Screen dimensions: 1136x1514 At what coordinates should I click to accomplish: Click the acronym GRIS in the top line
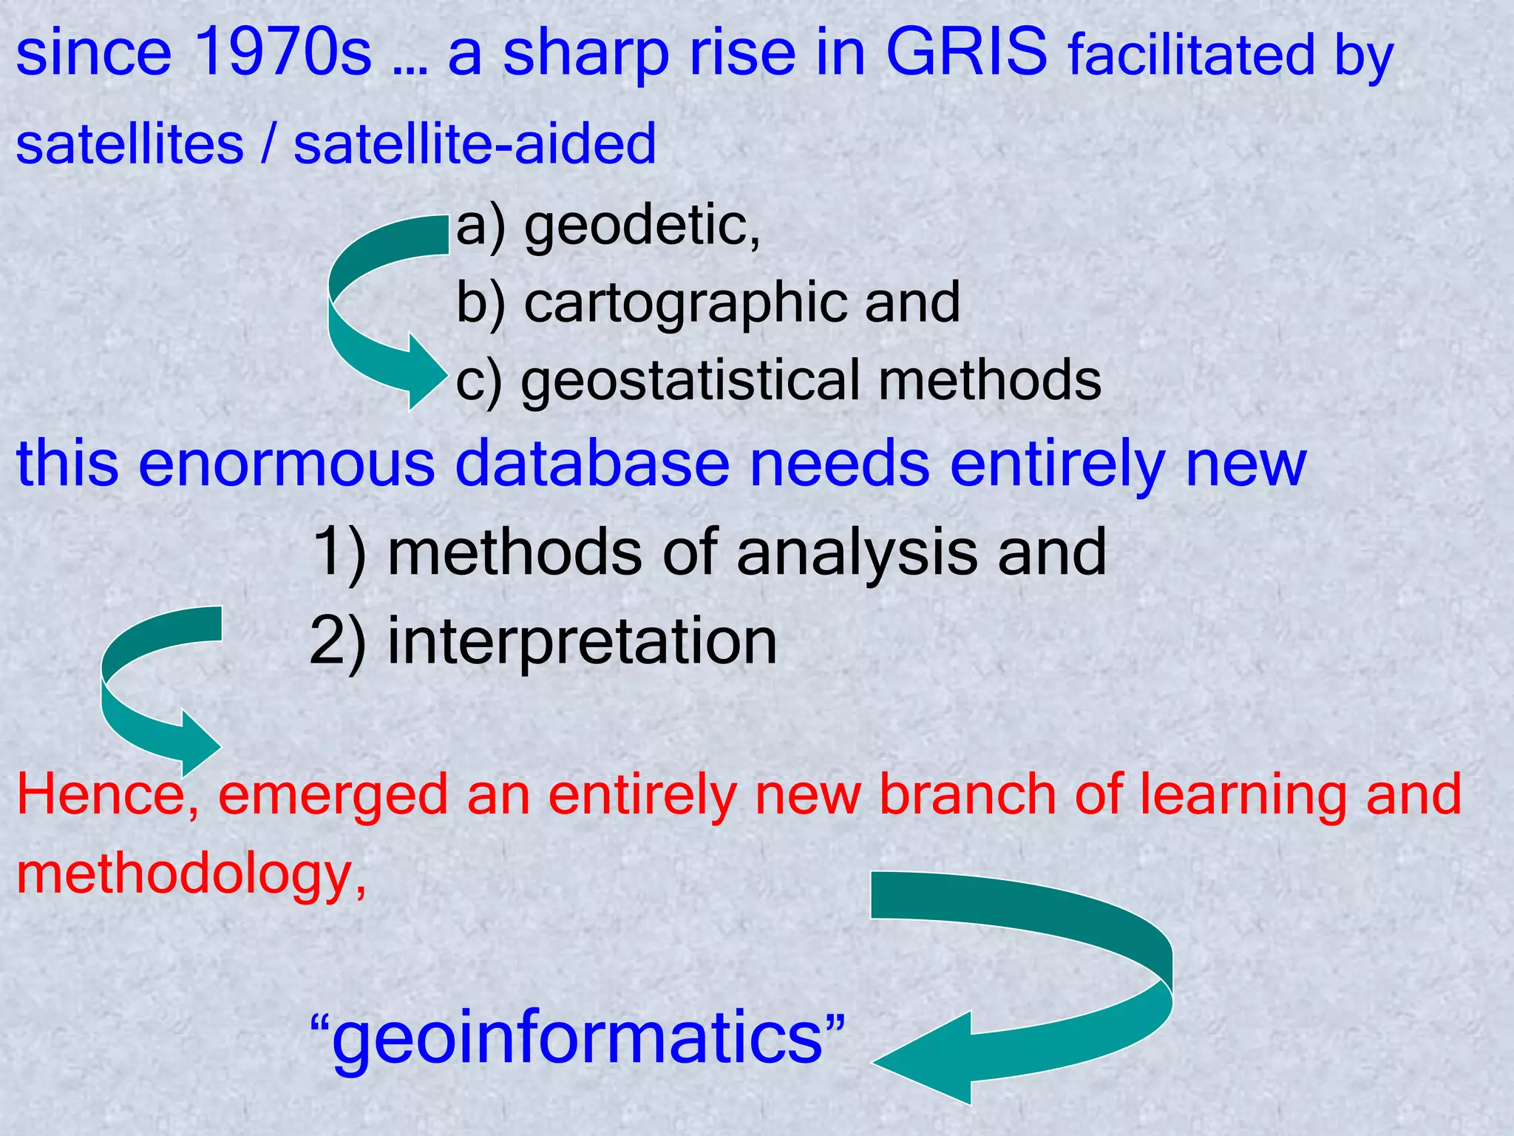point(966,53)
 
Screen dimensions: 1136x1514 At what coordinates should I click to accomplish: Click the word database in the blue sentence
point(592,464)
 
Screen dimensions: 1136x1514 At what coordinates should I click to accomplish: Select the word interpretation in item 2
point(582,641)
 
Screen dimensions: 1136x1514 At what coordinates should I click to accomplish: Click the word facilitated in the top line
point(1191,56)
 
